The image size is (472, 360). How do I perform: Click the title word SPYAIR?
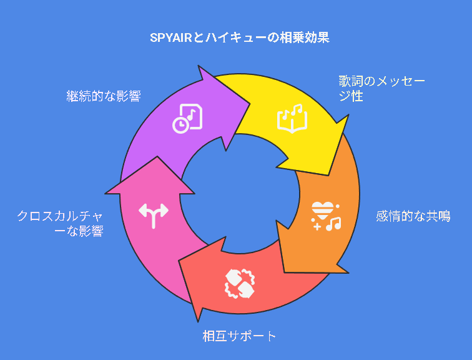coord(170,38)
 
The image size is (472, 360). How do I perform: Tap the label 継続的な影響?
coord(104,96)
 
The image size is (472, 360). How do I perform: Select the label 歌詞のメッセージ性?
coord(381,89)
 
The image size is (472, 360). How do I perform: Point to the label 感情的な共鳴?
coord(413,216)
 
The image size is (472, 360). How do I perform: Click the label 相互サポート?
coord(239,336)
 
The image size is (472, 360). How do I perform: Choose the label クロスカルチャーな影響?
coord(60,224)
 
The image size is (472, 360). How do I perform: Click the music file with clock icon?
coord(187,118)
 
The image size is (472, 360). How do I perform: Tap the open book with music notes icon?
coord(292,118)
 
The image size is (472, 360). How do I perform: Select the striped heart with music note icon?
coord(326,216)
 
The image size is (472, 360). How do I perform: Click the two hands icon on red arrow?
coord(240,284)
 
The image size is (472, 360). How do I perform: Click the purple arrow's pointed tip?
coord(250,104)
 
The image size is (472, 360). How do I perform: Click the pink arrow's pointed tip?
coord(157,156)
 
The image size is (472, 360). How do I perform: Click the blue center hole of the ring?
coord(240,193)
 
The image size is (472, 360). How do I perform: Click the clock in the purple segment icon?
coord(180,125)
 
